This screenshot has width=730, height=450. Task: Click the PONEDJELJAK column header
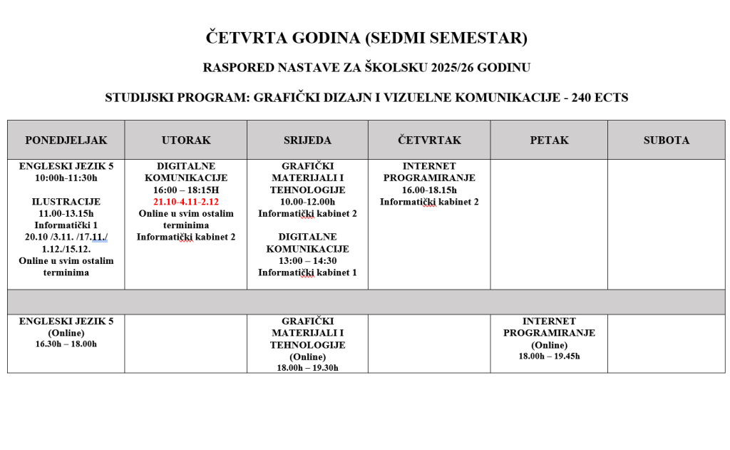tap(66, 140)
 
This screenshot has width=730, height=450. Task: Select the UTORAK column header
tap(186, 140)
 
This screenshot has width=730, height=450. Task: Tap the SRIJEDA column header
tap(307, 140)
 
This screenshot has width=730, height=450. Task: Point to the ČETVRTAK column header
tap(429, 140)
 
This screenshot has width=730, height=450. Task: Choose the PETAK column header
tap(549, 140)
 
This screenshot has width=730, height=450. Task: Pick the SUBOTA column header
tap(666, 140)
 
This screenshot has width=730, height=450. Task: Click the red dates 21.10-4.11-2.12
tap(186, 202)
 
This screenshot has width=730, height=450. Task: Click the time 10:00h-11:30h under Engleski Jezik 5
tap(66, 178)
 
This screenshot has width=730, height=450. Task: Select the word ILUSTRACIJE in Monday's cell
tap(66, 201)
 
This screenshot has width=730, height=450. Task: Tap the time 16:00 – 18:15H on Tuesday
tap(186, 190)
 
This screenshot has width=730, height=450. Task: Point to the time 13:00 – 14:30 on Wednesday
tap(307, 260)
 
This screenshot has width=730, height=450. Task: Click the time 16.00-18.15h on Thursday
tap(429, 190)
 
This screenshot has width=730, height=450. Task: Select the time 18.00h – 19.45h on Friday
tap(549, 356)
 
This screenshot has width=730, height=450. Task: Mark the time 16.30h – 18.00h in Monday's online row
tap(66, 344)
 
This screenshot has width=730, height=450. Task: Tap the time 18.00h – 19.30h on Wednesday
tap(307, 367)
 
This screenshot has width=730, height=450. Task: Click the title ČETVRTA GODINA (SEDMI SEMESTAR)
tap(366, 38)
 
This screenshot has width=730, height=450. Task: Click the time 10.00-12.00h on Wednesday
tap(307, 202)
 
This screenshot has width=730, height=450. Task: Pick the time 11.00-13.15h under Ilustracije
tap(66, 213)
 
